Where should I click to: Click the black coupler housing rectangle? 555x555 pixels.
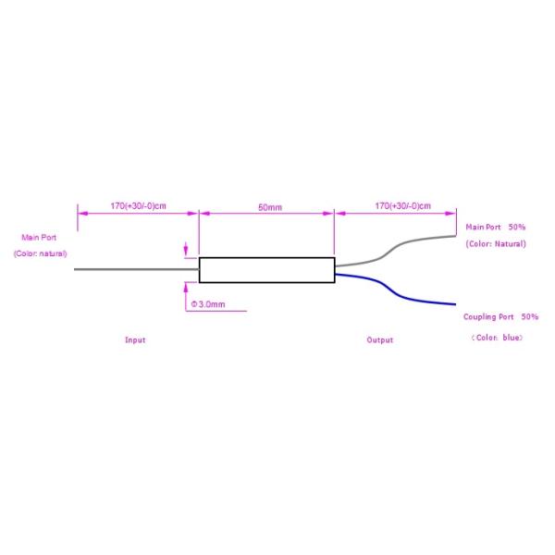point(266,269)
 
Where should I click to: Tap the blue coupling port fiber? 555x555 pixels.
point(407,295)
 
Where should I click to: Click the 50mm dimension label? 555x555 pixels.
point(270,207)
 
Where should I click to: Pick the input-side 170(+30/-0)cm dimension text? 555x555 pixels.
point(138,204)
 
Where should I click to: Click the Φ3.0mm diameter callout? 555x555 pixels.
point(207,303)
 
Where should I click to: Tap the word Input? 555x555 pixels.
point(135,339)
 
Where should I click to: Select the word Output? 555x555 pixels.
point(379,339)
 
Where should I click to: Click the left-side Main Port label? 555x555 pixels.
point(39,237)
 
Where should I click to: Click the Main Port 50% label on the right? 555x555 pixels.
point(495,227)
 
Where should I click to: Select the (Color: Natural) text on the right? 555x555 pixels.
point(496,244)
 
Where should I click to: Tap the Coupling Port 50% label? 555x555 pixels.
point(500,316)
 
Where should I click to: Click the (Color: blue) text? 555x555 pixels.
point(497,338)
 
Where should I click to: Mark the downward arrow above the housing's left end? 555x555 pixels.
point(187,248)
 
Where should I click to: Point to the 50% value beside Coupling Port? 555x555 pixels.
point(529,316)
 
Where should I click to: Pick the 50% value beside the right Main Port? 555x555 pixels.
point(517,227)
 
